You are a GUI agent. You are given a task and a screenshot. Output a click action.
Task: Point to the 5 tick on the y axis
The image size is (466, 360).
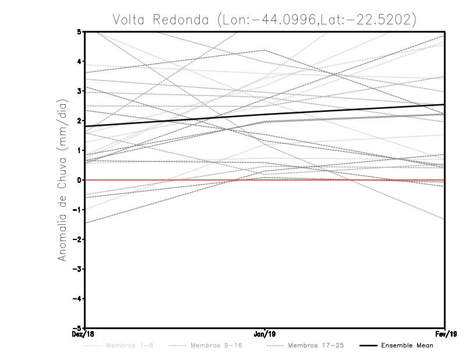click(x=79, y=31)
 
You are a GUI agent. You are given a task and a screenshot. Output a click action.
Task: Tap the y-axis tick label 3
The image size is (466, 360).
click(x=79, y=91)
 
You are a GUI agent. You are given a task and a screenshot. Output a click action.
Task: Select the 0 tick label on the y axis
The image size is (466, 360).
click(x=79, y=180)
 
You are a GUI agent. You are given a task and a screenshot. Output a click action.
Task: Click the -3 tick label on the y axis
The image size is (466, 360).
click(x=77, y=269)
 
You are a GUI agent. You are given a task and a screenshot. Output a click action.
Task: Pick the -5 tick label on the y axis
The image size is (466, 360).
click(x=77, y=329)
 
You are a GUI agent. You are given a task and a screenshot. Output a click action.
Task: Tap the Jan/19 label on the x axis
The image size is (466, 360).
click(x=265, y=334)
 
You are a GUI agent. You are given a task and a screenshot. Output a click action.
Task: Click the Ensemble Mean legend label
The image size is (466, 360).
click(x=407, y=345)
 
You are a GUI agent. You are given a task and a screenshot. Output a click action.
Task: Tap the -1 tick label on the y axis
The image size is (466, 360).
click(x=77, y=210)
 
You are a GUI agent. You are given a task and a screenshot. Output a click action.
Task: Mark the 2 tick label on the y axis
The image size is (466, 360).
click(x=79, y=121)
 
